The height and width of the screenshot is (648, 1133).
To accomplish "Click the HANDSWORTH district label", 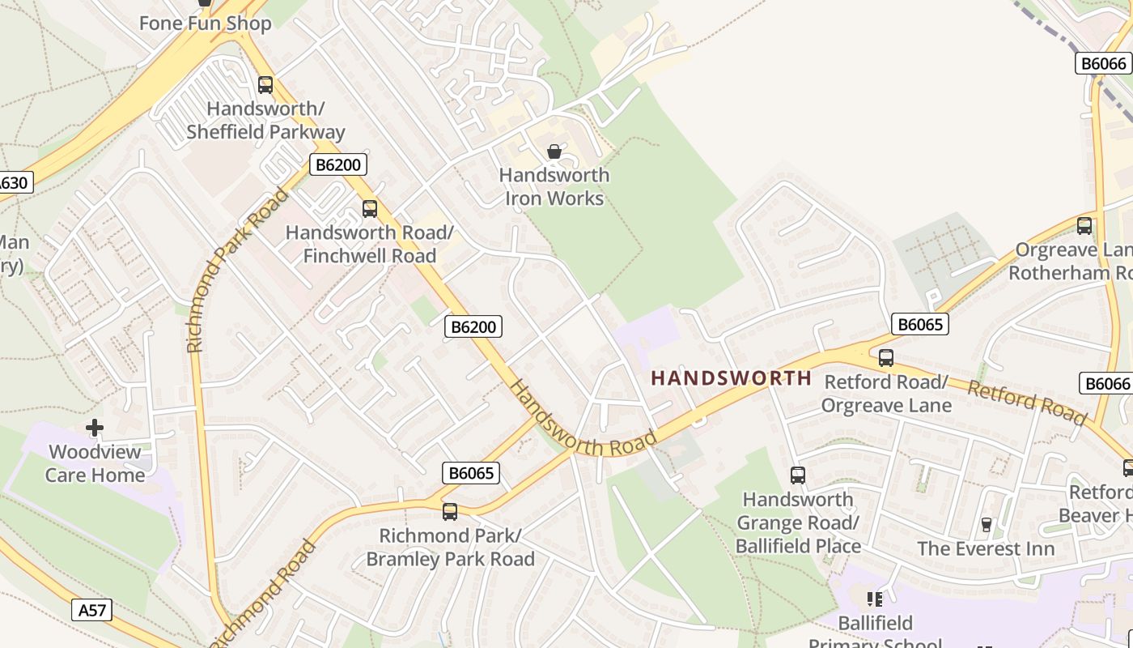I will pos(731,378).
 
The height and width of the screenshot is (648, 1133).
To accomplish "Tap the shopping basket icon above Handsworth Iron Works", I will pos(554,151).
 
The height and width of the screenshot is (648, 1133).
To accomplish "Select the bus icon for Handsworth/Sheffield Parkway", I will pos(265,85).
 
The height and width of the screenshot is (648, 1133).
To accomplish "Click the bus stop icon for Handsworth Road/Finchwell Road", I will pos(370,209).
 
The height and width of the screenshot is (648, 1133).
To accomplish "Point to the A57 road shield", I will pos(91,610).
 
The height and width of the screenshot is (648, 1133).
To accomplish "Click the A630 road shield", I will pos(11,182).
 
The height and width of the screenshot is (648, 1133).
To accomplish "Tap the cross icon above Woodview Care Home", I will pos(95,428).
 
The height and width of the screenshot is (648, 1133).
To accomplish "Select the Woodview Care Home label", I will pos(95,463).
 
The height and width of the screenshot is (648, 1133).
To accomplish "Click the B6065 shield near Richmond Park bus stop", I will pos(471,473).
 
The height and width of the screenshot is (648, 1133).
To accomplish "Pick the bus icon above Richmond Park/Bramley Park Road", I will pos(450,512).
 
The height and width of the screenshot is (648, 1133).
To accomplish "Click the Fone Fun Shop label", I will pos(205,23).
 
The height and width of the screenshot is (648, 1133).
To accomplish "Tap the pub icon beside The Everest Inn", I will pos(986,525).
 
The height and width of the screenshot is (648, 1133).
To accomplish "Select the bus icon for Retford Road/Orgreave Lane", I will pos(886,358).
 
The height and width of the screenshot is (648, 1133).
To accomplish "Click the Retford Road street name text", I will pos(1026,403).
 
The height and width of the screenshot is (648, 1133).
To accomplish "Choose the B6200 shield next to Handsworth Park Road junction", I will pos(337,165).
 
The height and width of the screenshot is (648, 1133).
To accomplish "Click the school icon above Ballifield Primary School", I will pos(875,599).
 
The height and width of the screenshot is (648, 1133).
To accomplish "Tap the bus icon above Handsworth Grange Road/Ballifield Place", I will pos(798,475).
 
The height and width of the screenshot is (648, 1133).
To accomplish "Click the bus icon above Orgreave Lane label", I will pos(1084,226).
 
